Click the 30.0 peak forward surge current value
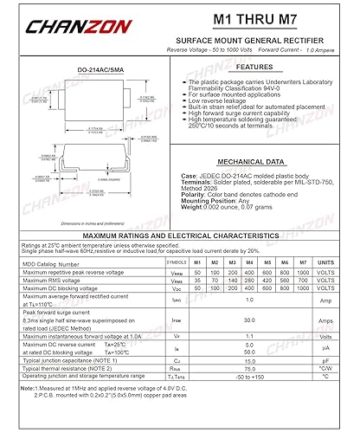pyautogui.click(x=249, y=319)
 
